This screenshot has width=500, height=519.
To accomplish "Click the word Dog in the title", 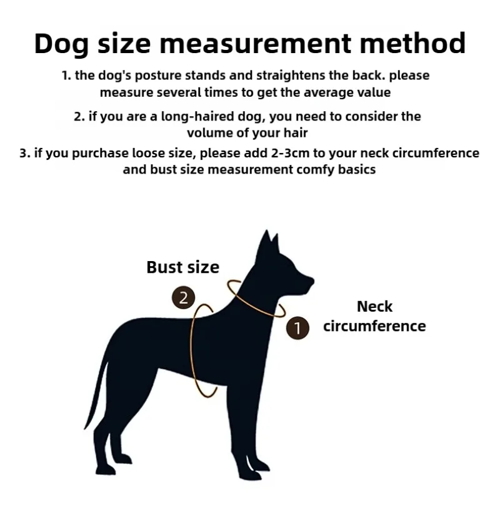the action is [61, 44].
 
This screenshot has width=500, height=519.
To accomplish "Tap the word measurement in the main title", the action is [255, 43].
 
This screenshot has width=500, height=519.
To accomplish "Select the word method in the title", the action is [413, 42].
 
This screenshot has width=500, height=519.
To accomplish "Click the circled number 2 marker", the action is [184, 297].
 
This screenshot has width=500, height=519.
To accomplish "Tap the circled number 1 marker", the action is [297, 328].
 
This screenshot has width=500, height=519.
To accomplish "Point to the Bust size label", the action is [182, 267].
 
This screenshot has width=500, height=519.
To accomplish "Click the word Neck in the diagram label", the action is [374, 307].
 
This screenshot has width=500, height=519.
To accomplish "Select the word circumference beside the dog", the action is [374, 326].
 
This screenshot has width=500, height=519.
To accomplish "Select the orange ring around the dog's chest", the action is [191, 350].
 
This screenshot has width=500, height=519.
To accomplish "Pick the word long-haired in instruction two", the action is [197, 117].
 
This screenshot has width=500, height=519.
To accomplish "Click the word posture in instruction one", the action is [158, 76].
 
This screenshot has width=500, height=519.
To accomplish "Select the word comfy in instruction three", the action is [316, 170].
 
